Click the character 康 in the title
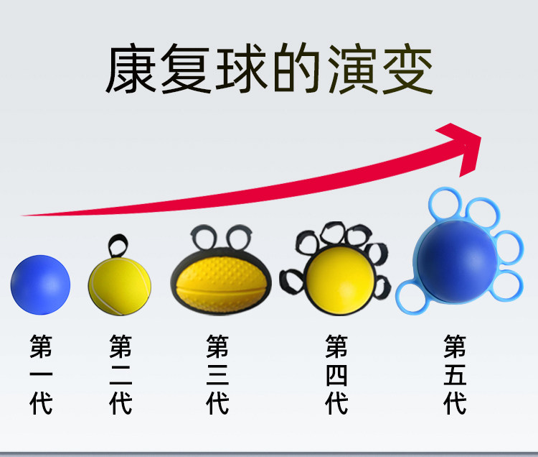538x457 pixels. pyautogui.click(x=131, y=72)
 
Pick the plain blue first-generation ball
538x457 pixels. pyautogui.click(x=41, y=285)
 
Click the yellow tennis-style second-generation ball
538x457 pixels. pyautogui.click(x=120, y=286)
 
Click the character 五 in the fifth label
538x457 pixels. pyautogui.click(x=455, y=374)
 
